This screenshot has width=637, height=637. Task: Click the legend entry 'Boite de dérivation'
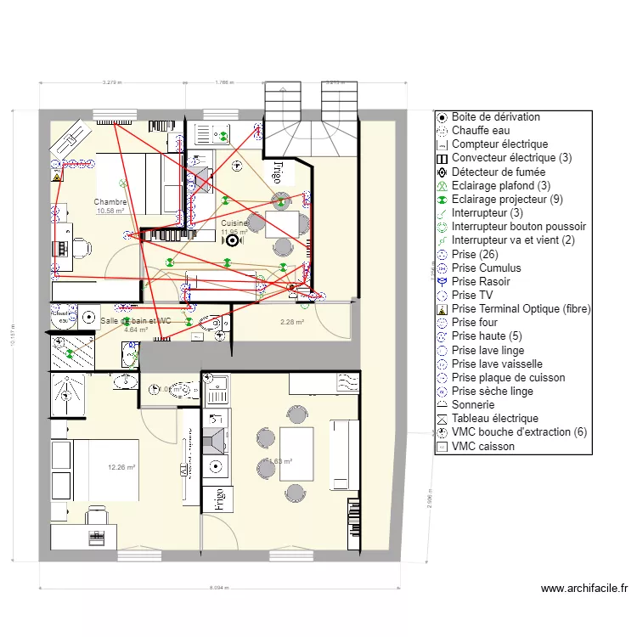click(496, 117)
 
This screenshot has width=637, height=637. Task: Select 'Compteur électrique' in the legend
click(499, 144)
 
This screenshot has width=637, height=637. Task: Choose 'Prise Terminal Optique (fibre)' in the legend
click(521, 309)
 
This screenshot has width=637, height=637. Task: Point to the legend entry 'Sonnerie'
click(474, 405)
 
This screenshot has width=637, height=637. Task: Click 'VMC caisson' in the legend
click(482, 446)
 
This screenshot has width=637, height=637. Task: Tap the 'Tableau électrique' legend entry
click(494, 419)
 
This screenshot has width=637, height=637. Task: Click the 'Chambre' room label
click(110, 202)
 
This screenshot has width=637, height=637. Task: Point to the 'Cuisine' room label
click(234, 223)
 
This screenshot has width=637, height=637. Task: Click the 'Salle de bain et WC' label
click(136, 321)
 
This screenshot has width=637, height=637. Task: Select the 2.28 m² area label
click(292, 322)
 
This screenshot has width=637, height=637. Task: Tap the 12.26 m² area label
click(122, 467)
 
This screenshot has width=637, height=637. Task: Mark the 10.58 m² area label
click(110, 211)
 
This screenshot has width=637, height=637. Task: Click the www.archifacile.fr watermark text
click(583, 588)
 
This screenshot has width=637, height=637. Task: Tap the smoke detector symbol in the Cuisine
click(228, 240)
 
